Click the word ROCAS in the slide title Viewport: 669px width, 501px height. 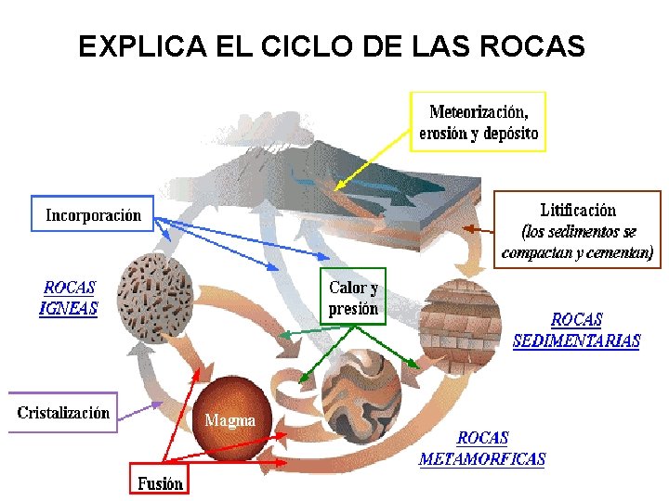540,46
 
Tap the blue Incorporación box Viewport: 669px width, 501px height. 94,215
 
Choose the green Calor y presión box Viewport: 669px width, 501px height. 353,297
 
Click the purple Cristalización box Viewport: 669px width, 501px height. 63,413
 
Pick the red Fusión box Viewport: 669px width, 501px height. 160,482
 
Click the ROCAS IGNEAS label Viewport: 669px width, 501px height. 70,298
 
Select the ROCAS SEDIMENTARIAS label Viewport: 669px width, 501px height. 576,330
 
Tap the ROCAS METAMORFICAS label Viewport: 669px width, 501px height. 482,448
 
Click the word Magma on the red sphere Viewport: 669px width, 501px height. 230,420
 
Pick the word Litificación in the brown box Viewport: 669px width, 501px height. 577,211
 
